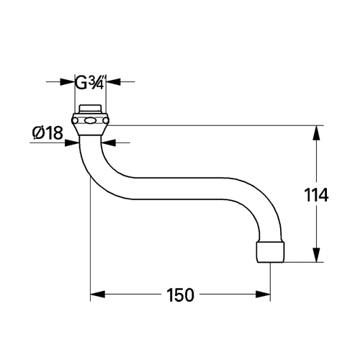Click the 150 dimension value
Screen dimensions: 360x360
click(180, 295)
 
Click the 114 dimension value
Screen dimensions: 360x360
click(316, 195)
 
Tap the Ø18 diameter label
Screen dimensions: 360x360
click(48, 133)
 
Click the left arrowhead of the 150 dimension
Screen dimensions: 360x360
click(98, 294)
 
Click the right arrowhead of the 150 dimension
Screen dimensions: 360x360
click(263, 294)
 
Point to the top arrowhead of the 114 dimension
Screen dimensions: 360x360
click(317, 132)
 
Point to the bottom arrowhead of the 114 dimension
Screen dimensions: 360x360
click(317, 254)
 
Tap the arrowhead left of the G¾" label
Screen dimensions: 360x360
click(68, 81)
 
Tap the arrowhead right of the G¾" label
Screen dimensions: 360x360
click(113, 81)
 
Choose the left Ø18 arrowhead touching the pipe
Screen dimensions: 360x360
click(72, 143)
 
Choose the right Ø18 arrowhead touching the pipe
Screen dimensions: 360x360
click(108, 143)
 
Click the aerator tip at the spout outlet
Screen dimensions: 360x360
click(271, 252)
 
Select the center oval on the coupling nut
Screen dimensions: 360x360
click(90, 120)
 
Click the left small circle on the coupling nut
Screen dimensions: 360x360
click(75, 120)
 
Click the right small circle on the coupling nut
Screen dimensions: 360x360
click(105, 120)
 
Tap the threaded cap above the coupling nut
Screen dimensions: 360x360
click(90, 109)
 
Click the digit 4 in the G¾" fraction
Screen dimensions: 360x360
click(100, 85)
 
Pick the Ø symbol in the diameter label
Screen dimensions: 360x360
click(38, 133)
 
